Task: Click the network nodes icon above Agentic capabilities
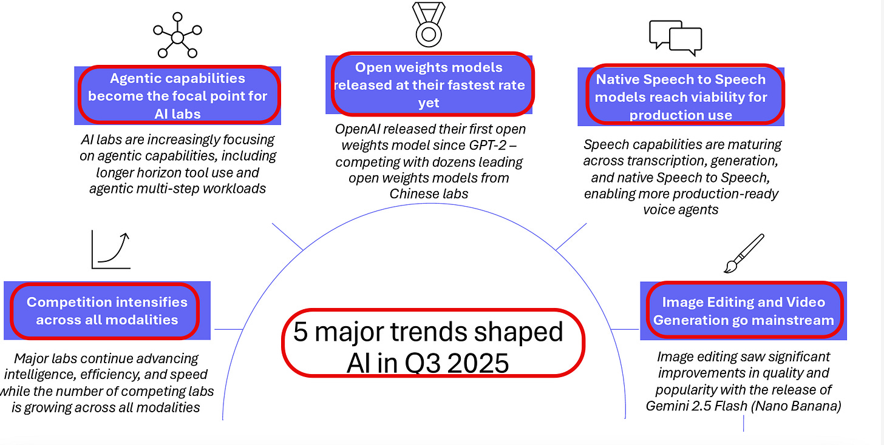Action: tap(177, 38)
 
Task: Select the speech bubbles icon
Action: tap(675, 38)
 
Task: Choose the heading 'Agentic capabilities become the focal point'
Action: tap(177, 96)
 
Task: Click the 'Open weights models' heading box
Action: tap(429, 85)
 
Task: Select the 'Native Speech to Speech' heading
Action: tap(681, 96)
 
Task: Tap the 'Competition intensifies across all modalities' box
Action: tap(107, 310)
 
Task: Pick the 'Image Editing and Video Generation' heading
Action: tap(743, 310)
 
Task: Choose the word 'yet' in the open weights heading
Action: tap(429, 103)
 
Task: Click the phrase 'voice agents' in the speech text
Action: tap(681, 210)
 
